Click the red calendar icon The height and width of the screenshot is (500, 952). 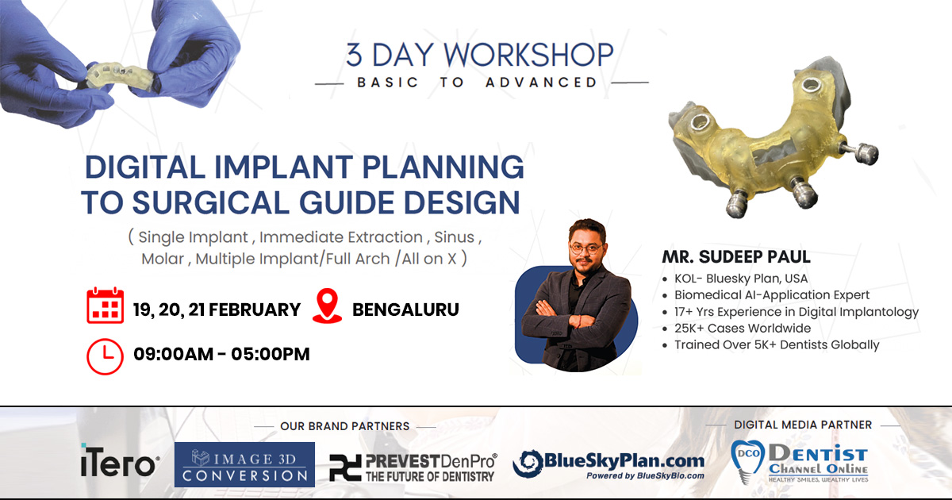point(105,306)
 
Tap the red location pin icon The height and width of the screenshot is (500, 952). point(327,306)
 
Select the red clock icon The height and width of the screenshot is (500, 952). point(105,356)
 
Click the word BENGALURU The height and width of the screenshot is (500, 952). point(405,310)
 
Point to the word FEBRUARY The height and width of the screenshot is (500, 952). point(255,310)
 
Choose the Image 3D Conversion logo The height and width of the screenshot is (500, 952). point(244,464)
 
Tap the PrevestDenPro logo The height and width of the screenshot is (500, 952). point(413,467)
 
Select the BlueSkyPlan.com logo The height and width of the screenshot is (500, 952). point(608,464)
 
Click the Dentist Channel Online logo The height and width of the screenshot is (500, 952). point(800,463)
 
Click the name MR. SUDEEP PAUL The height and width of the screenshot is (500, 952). point(736,257)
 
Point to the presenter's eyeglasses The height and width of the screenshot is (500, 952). point(586,248)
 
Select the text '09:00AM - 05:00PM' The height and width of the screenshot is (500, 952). point(221,354)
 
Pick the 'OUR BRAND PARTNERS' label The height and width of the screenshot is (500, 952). point(344,426)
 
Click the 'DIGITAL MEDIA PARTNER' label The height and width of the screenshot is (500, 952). point(803,425)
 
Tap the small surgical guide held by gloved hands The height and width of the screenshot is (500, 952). point(121,75)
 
